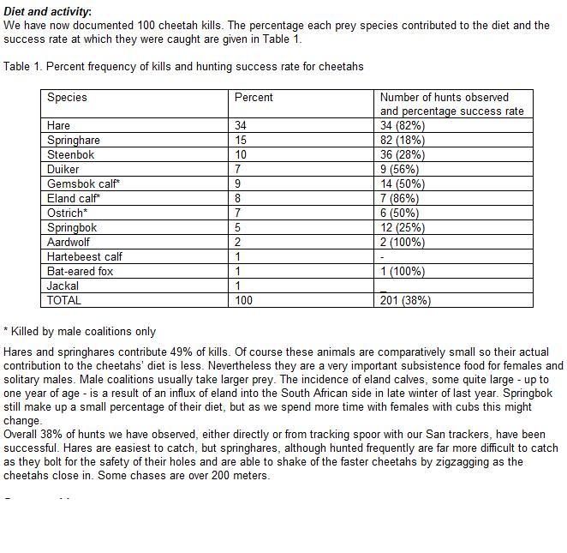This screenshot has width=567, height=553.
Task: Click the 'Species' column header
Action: pos(67,97)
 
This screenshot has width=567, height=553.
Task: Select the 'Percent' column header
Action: pos(254,97)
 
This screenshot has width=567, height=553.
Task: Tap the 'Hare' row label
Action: pos(59,125)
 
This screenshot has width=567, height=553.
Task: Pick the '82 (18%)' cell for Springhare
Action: pos(403,140)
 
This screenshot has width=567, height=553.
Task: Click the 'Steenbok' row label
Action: pos(71,154)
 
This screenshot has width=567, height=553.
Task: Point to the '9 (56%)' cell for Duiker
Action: pos(399,169)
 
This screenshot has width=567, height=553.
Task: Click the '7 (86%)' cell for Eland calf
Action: pos(399,198)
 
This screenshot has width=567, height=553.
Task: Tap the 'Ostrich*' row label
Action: pos(67,213)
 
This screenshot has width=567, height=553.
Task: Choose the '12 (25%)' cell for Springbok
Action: pos(403,227)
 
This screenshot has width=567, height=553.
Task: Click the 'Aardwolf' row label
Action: pos(69,242)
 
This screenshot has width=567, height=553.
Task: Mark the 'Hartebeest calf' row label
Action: pos(85,256)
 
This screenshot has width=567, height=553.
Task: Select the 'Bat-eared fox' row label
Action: pos(80,271)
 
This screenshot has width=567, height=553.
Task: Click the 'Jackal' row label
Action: pos(63,286)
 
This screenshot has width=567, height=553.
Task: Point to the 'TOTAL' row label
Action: pos(64,300)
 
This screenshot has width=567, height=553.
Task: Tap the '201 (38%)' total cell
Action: pos(405,300)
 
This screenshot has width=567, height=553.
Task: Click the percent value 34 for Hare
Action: pos(241,125)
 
